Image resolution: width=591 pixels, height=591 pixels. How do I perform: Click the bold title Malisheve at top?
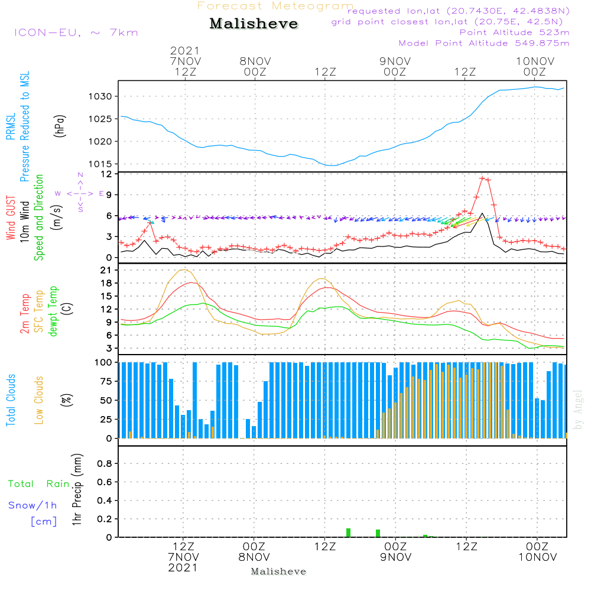[x=254, y=24]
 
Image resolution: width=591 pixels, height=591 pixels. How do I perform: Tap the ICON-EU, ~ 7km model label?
[x=76, y=33]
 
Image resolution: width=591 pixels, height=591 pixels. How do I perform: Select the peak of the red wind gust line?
[x=482, y=177]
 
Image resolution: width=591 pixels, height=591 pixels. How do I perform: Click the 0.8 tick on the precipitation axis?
[x=105, y=464]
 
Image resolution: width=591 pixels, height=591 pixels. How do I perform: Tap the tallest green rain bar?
[x=348, y=532]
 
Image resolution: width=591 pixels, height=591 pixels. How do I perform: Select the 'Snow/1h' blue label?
[x=33, y=506]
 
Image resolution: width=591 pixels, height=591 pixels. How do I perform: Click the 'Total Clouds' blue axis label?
[x=11, y=400]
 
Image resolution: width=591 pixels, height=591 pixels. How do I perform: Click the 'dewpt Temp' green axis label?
[x=53, y=312]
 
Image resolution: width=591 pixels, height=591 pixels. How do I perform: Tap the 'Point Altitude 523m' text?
[x=514, y=33]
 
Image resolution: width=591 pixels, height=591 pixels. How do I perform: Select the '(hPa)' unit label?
[x=60, y=126]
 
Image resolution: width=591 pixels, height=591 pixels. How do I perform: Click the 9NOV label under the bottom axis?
[x=395, y=557]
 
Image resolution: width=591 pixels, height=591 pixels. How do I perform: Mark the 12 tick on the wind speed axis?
[x=108, y=174]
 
